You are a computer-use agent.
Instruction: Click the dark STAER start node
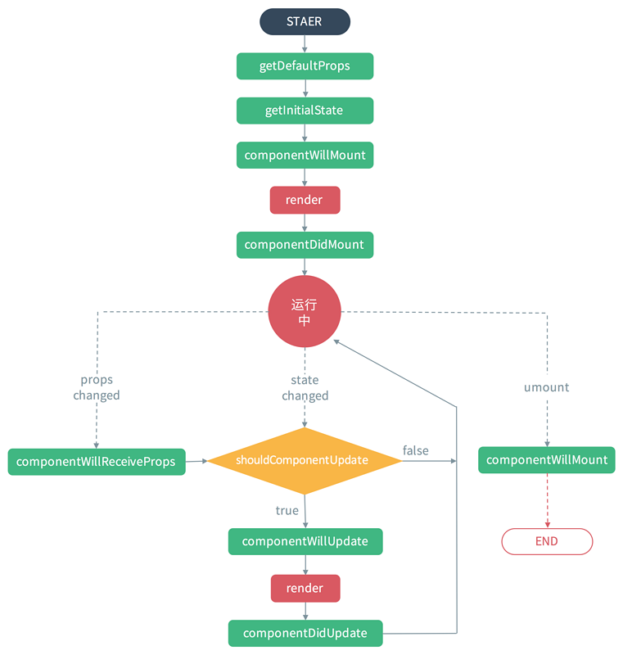click(305, 22)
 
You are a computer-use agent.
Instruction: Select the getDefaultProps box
click(305, 66)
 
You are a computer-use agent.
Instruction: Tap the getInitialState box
click(305, 111)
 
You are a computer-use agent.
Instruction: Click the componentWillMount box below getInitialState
click(305, 155)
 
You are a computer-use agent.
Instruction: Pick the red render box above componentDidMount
click(305, 200)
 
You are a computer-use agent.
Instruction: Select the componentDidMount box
click(305, 245)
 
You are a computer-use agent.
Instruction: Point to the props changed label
click(97, 387)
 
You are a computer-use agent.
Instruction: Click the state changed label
click(305, 387)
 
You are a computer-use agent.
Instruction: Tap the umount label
click(546, 387)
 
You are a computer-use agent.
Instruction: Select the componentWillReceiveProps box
click(97, 462)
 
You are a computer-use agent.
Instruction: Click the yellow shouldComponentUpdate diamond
click(305, 460)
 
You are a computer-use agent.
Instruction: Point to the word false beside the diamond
click(415, 450)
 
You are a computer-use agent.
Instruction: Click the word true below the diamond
click(287, 510)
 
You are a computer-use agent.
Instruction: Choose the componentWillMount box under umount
click(547, 460)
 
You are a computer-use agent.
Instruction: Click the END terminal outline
click(547, 541)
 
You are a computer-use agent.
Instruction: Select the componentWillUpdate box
click(305, 541)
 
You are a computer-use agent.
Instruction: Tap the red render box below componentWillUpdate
click(305, 588)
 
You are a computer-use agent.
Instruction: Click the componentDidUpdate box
click(305, 633)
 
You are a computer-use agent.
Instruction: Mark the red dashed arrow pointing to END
click(547, 500)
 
